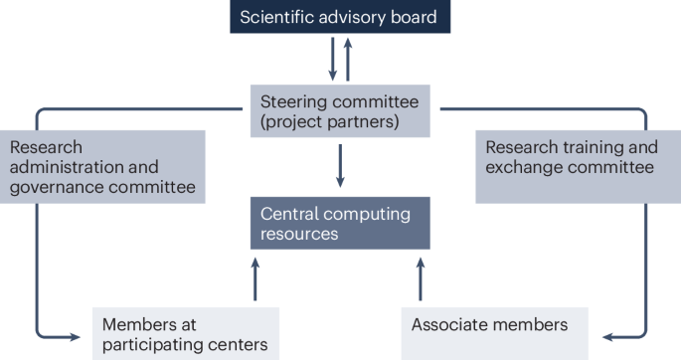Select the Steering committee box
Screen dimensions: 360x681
tap(339, 110)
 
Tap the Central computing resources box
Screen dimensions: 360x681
tap(339, 224)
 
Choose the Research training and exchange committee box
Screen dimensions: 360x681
tap(572, 159)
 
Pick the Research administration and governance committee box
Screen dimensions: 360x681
tap(102, 167)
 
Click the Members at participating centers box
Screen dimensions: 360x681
tap(186, 333)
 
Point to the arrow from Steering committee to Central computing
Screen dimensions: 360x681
tap(340, 166)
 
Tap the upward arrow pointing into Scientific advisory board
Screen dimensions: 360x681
tap(347, 56)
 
